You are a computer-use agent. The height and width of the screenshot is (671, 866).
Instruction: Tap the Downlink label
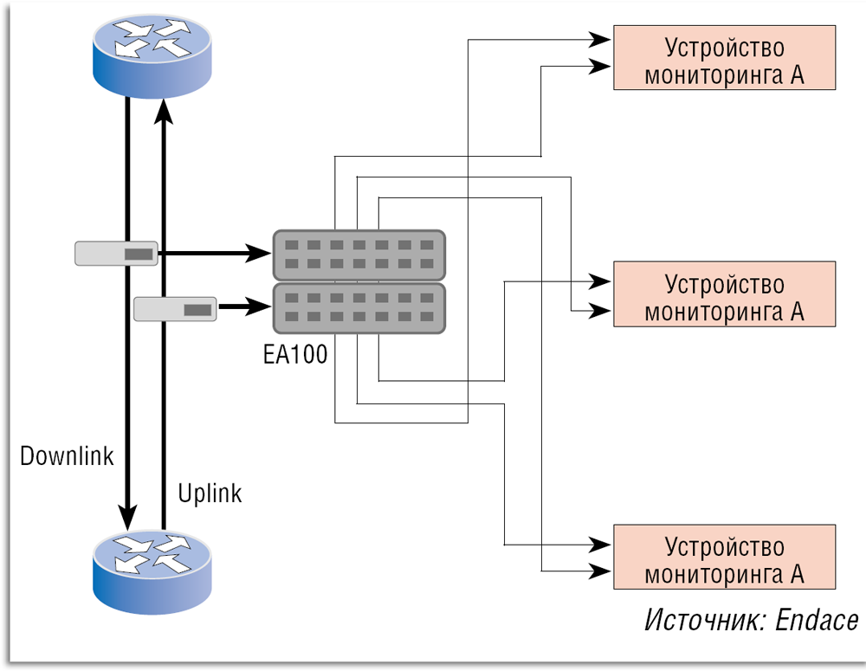[x=68, y=456]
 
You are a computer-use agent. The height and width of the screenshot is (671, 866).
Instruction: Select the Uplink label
[x=210, y=494]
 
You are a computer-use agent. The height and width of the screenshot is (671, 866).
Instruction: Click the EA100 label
[x=294, y=354]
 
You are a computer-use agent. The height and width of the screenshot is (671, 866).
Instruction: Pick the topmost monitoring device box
[x=724, y=58]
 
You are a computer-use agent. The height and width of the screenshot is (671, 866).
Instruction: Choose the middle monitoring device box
[x=724, y=294]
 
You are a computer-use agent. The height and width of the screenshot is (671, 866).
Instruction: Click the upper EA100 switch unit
[x=359, y=255]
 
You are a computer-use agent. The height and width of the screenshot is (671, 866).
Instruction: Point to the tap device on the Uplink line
[x=176, y=308]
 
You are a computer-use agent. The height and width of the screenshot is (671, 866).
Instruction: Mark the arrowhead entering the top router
[x=163, y=109]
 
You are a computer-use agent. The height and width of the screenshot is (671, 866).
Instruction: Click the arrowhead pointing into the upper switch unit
[x=260, y=254]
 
